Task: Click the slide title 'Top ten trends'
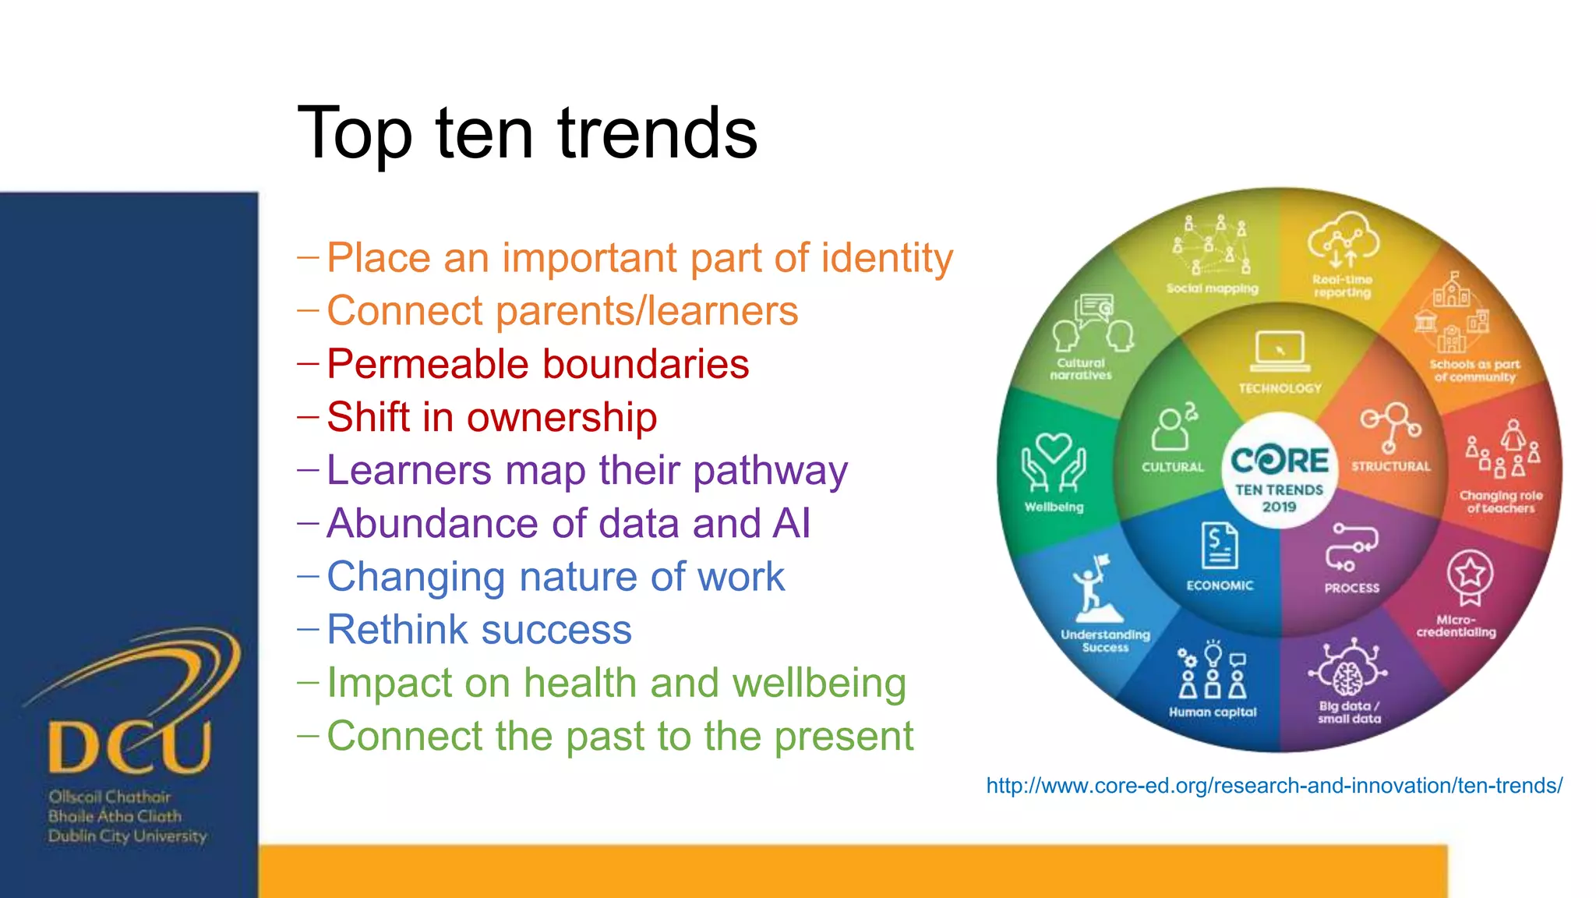tap(527, 133)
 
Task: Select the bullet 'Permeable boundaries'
tap(538, 364)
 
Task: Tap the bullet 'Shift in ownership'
tap(492, 417)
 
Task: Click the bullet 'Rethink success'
tap(478, 629)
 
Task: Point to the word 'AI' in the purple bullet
tap(791, 523)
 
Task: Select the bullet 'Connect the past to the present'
tap(620, 736)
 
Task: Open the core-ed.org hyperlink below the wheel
tap(1273, 786)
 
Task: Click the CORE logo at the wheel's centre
tap(1279, 461)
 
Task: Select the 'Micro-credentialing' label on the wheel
tap(1456, 626)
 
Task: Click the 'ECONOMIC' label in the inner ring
tap(1220, 585)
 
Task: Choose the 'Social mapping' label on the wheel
tap(1212, 288)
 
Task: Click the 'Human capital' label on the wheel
tap(1212, 712)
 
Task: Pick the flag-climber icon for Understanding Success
tap(1095, 589)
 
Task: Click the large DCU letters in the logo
tap(129, 747)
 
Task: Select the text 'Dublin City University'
tap(127, 836)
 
